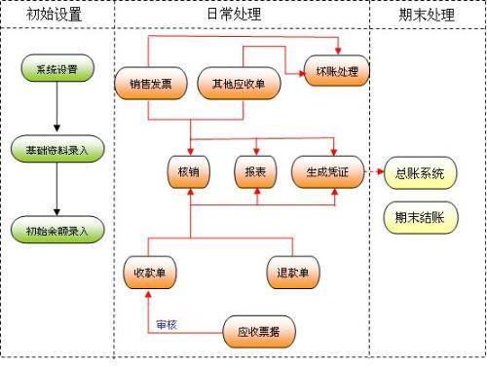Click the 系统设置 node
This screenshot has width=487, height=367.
pos(56,69)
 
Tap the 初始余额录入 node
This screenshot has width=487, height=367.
pos(56,230)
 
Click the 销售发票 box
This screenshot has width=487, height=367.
pos(150,84)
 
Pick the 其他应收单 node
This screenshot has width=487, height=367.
pos(240,84)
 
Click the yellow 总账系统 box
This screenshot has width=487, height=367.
pos(420,174)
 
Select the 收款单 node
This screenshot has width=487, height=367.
pos(150,274)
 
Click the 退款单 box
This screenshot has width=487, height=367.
pos(292,274)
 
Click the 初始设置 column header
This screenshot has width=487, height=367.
pos(56,15)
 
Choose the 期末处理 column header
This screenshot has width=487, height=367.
pos(427,15)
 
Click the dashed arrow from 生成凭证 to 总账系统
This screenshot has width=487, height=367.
pos(374,172)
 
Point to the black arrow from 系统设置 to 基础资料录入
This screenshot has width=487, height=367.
pos(56,109)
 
